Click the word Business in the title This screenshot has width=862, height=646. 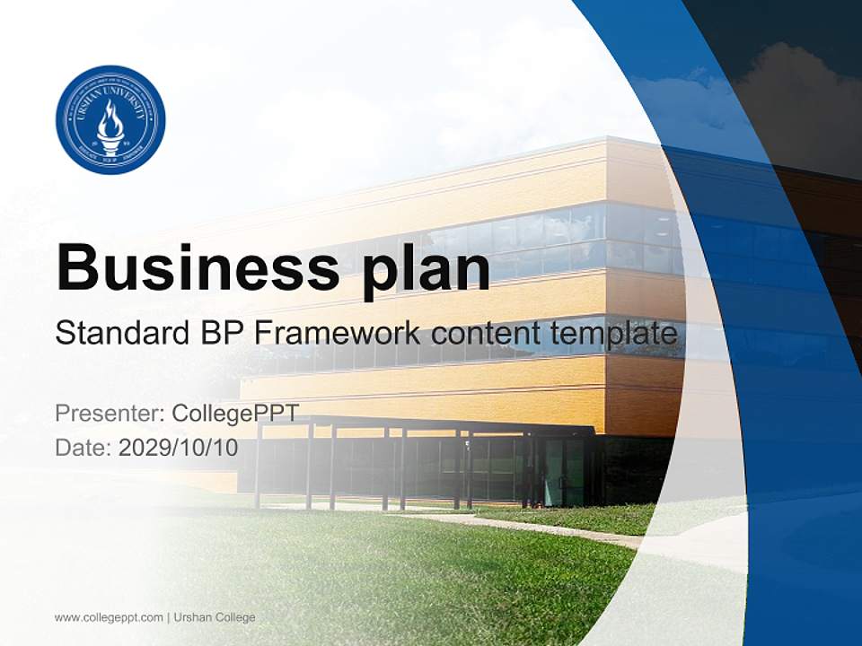189,266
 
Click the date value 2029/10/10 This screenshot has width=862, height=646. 179,448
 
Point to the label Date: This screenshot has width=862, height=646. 84,448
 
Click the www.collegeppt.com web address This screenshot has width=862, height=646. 109,617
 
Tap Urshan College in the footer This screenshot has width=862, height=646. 215,617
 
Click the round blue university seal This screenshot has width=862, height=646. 110,119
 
